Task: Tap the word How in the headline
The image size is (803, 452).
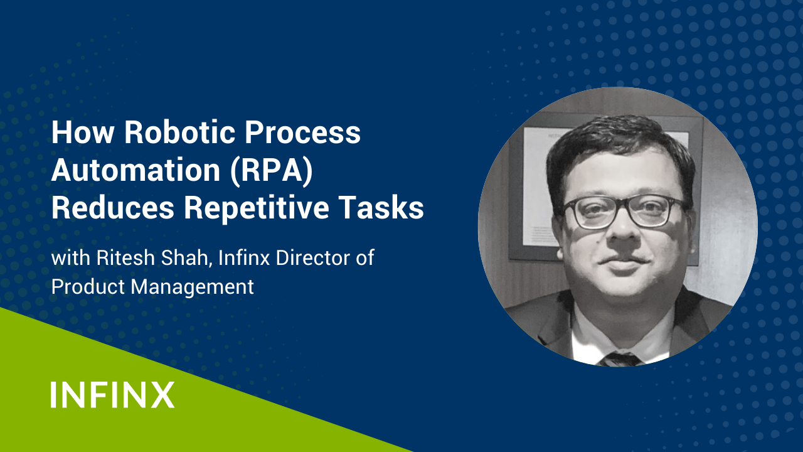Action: (83, 132)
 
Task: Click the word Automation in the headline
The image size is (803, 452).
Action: (136, 170)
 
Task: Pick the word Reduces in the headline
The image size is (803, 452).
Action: (113, 208)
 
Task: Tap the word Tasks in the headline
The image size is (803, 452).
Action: (381, 208)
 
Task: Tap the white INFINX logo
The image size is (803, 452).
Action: (112, 395)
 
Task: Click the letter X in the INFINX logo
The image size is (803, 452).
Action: (162, 395)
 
